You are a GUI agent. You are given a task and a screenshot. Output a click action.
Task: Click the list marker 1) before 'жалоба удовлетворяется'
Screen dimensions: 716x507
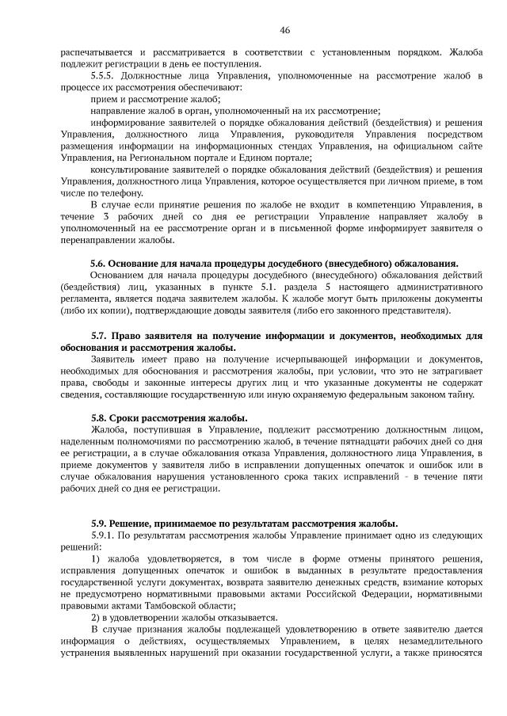point(96,558)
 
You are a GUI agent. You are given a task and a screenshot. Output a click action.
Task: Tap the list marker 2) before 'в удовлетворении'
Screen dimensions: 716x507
point(95,618)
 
